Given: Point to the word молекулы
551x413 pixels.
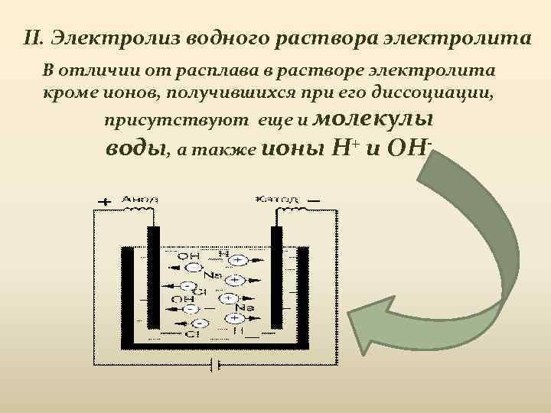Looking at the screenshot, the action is pyautogui.click(x=373, y=120).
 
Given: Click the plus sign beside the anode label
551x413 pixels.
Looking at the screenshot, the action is pyautogui.click(x=103, y=202).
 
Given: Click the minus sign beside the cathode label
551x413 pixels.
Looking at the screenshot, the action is pyautogui.click(x=314, y=200).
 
